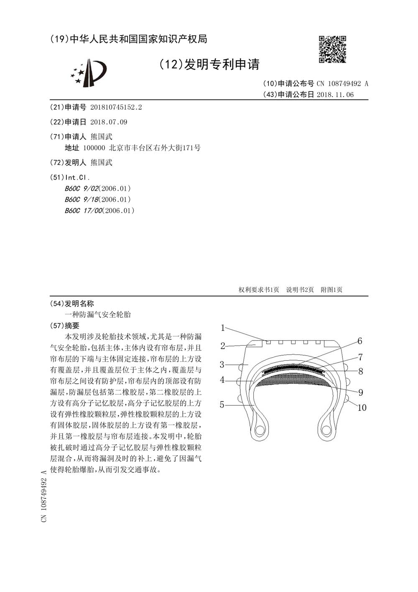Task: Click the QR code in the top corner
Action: click(x=333, y=49)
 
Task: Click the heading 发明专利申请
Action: click(x=209, y=64)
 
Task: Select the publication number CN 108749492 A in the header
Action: click(x=342, y=83)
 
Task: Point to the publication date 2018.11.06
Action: click(x=335, y=95)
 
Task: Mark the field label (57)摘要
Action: click(x=64, y=325)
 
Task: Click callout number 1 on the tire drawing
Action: click(x=223, y=328)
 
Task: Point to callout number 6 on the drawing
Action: click(x=359, y=341)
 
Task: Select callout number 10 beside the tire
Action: click(x=362, y=407)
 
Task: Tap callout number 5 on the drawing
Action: click(x=222, y=405)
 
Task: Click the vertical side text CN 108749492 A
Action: click(x=43, y=496)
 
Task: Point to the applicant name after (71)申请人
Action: click(x=102, y=137)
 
